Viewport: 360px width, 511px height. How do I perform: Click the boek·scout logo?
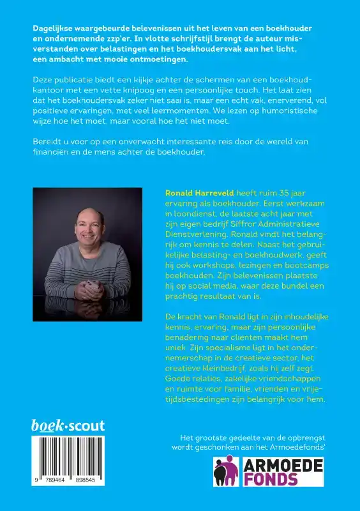pos(68,425)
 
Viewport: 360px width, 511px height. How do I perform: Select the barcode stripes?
pos(68,455)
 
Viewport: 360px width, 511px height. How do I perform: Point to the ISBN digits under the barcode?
pos(68,480)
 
